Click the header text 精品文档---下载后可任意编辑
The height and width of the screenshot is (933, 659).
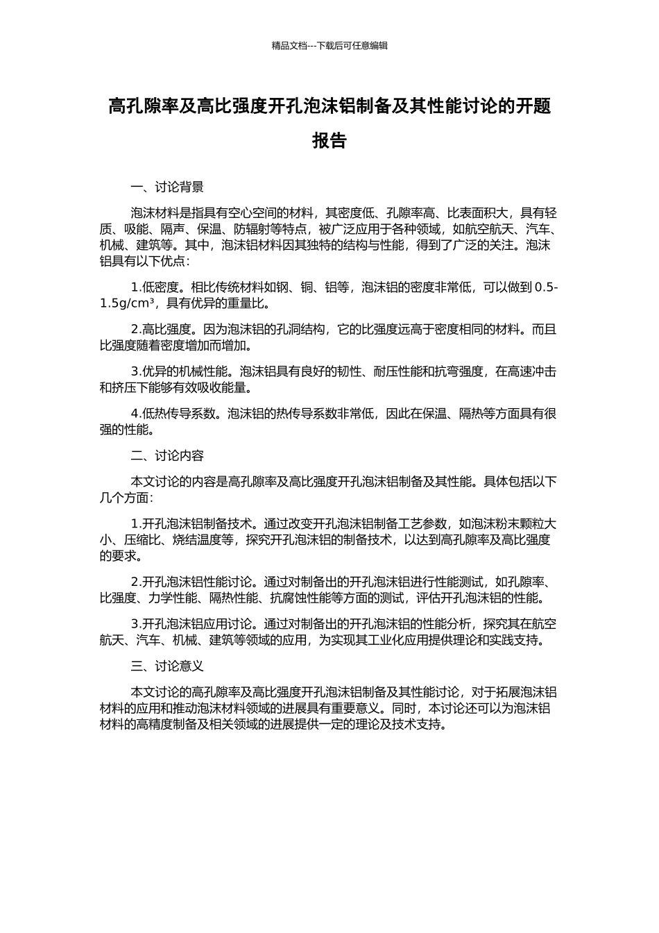point(329,46)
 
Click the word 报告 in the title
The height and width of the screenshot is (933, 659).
point(329,141)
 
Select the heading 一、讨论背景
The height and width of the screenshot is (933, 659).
point(167,187)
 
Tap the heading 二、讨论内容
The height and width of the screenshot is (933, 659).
point(167,455)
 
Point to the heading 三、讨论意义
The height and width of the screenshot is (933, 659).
point(167,666)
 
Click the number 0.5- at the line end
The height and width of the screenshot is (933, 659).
point(546,287)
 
